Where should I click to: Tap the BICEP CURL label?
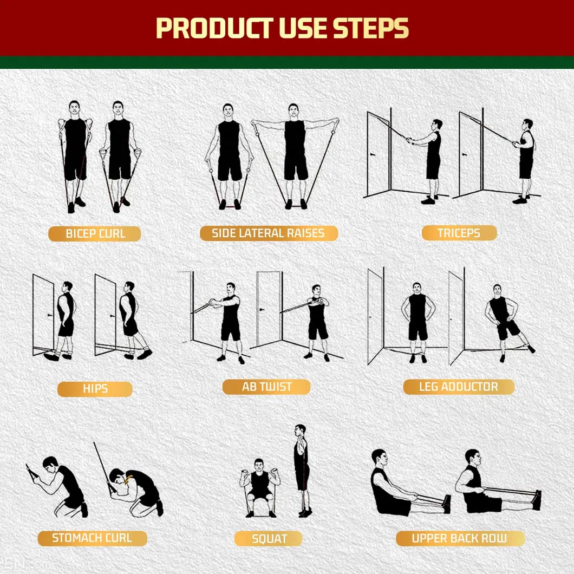coord(95,234)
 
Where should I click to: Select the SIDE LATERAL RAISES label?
coord(268,233)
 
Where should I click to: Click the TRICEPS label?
coord(459,233)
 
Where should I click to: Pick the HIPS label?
coord(95,389)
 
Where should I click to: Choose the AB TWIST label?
coord(266,387)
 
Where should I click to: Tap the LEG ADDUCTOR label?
coord(458,387)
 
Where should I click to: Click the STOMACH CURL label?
coord(92,538)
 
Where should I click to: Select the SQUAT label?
coord(269,539)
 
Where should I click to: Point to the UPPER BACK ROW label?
coord(460,538)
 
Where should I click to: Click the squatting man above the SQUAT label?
coord(260,486)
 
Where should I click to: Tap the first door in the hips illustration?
coord(43,314)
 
